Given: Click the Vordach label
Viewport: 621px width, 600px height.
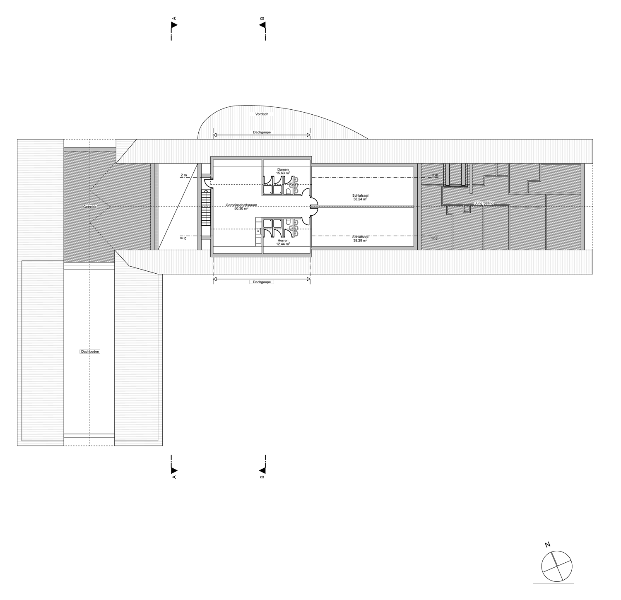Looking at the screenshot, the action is pos(262,114).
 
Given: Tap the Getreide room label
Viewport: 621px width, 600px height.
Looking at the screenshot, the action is pos(90,206).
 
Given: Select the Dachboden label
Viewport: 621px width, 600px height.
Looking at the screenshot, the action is pos(90,352).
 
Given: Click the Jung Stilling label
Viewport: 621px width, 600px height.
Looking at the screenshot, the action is pos(484,203).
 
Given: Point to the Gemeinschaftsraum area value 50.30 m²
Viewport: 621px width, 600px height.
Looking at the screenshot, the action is pos(241,209).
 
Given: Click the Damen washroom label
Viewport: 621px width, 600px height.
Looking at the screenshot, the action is pos(283,170).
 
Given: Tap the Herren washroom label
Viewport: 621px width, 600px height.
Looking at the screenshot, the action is pos(283,241).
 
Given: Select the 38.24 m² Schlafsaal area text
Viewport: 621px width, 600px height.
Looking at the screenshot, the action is pos(360,199).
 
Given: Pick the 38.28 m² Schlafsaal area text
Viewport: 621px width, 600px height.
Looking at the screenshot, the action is pos(360,241).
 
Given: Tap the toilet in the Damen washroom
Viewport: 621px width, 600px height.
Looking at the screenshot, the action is pos(288,191).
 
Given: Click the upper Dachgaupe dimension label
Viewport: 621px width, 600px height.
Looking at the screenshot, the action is pos(262,133).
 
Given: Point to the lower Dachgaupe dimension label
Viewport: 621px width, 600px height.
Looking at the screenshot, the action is pos(262,282).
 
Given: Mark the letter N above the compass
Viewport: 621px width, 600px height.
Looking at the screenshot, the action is pos(548,545).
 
